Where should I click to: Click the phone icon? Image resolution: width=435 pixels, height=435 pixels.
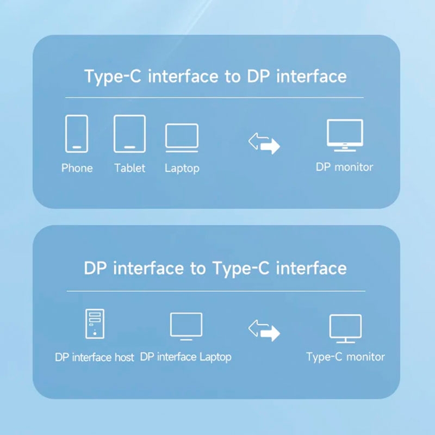pyautogui.click(x=77, y=133)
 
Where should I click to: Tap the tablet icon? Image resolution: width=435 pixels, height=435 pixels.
pyautogui.click(x=129, y=133)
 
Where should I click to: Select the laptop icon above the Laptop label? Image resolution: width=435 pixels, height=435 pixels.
pyautogui.click(x=182, y=136)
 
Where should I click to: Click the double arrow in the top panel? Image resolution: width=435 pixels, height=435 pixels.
pyautogui.click(x=264, y=144)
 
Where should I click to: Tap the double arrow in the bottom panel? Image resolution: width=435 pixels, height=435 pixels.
pyautogui.click(x=264, y=330)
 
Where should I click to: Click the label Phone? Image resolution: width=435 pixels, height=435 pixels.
pyautogui.click(x=77, y=168)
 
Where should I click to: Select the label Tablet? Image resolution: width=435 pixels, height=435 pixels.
pyautogui.click(x=130, y=168)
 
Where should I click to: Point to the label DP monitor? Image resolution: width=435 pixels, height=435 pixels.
pyautogui.click(x=345, y=167)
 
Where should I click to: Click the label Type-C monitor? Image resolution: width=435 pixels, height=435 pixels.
pyautogui.click(x=345, y=357)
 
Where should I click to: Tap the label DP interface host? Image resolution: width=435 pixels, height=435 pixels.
pyautogui.click(x=95, y=357)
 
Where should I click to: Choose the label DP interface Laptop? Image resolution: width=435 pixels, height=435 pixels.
pyautogui.click(x=186, y=357)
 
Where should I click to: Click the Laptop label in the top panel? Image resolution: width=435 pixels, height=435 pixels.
pyautogui.click(x=182, y=169)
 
